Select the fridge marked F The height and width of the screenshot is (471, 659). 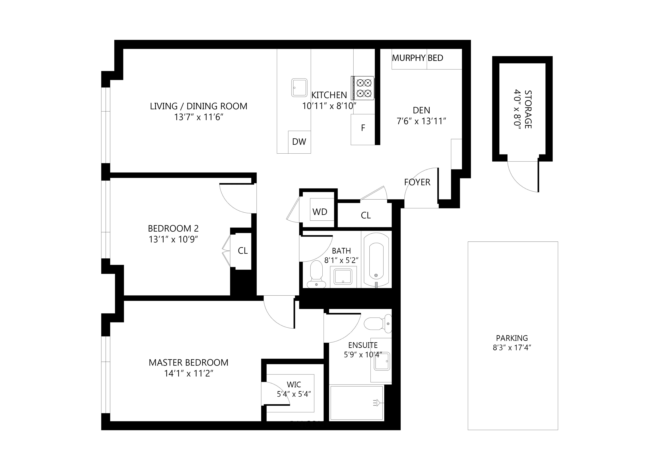(x=363, y=129)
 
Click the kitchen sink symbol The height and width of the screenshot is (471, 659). (x=299, y=87)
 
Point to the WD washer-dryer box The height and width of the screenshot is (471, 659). (x=320, y=212)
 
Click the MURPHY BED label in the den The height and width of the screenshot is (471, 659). (x=417, y=58)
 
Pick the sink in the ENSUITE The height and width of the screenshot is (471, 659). (x=382, y=361)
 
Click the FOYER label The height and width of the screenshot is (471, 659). (x=417, y=182)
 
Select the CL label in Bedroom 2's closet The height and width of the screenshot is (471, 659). (x=243, y=251)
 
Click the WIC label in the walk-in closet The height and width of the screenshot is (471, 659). (x=294, y=385)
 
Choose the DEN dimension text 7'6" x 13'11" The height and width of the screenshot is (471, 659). (x=421, y=121)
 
